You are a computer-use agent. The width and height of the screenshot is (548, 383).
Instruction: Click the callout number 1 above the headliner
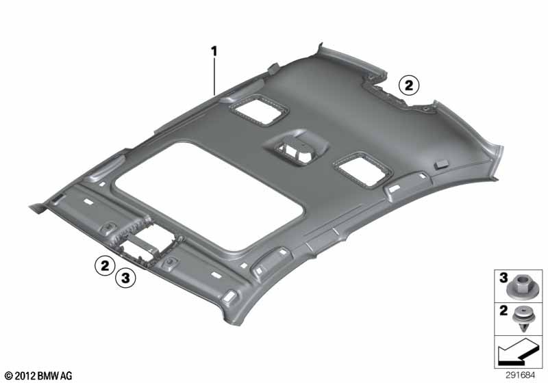[x=214, y=51]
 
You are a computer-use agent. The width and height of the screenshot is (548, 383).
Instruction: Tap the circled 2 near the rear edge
[x=409, y=85]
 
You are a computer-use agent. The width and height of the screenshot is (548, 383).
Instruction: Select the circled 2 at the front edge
[x=105, y=266]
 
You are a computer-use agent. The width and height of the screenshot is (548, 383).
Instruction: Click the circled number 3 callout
[x=125, y=278]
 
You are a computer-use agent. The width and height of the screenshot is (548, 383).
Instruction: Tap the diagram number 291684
[x=520, y=375]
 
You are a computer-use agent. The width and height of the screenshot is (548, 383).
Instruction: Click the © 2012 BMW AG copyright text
[x=38, y=375]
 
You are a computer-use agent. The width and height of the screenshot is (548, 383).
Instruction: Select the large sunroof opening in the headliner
[x=209, y=196]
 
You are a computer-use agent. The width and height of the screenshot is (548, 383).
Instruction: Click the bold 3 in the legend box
[x=503, y=278]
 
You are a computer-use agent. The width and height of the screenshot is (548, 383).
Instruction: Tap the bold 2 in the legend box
[x=503, y=311]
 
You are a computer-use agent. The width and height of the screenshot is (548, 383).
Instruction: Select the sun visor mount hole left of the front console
[x=108, y=228]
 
